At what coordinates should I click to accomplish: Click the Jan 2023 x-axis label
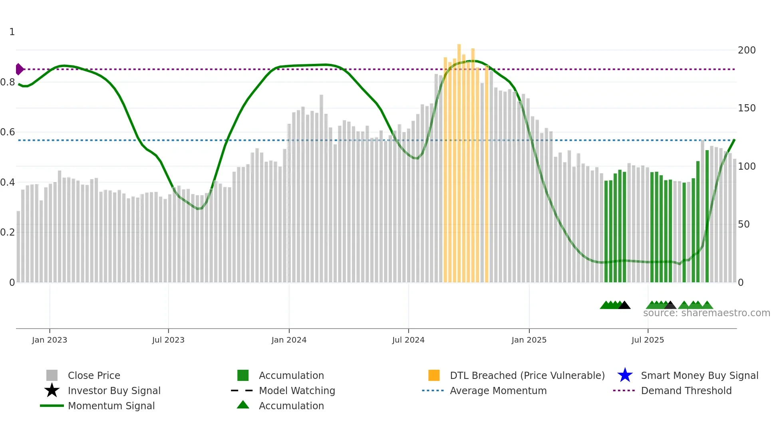(x=50, y=340)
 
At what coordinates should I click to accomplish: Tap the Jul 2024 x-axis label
(x=408, y=340)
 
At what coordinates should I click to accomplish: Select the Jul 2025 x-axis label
(x=648, y=340)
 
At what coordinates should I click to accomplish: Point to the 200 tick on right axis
(x=746, y=50)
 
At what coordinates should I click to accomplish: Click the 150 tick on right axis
(x=746, y=108)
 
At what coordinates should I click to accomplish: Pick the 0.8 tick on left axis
(x=8, y=82)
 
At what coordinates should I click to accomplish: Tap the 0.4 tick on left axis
(x=8, y=182)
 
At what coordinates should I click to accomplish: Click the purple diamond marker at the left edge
(x=19, y=69)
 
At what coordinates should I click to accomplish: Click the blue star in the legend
(x=625, y=375)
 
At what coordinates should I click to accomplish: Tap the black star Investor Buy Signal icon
(x=52, y=390)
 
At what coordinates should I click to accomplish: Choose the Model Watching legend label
(x=297, y=390)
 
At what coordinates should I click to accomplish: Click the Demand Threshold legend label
(x=686, y=390)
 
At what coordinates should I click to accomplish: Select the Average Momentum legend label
(x=498, y=390)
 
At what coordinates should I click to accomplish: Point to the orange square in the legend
(x=434, y=375)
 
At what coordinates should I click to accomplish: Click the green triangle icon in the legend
(x=243, y=405)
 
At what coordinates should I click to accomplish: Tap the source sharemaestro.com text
(x=706, y=313)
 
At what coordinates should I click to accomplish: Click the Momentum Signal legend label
(x=111, y=406)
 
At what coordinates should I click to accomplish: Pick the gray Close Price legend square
(x=52, y=375)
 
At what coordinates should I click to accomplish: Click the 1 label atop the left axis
(x=12, y=32)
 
